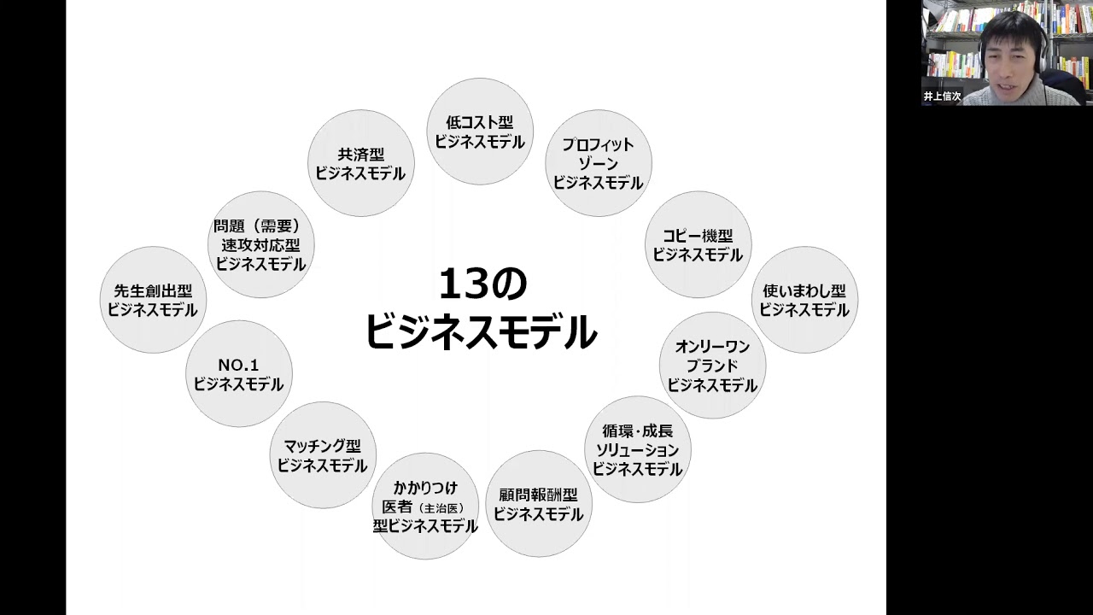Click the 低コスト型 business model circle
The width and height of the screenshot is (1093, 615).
point(480,132)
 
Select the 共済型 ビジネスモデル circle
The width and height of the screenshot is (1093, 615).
point(360,163)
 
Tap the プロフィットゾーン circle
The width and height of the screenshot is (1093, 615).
point(598,163)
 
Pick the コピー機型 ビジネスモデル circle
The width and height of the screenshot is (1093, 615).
point(698,244)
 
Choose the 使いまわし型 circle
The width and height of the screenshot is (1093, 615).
point(804,300)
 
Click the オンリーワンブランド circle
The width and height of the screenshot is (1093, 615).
point(712,366)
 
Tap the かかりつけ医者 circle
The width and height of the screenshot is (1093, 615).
point(424,507)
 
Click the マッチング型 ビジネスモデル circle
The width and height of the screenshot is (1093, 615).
point(322,455)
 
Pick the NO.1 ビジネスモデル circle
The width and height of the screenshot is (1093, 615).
point(238,374)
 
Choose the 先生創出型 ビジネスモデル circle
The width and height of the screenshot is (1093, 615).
point(152,300)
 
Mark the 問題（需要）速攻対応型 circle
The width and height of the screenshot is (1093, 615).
point(260,244)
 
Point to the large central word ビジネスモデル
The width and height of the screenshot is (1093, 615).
point(481,332)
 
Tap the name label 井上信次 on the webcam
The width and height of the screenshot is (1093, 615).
point(942,97)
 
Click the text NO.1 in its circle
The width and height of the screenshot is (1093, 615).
point(238,365)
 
